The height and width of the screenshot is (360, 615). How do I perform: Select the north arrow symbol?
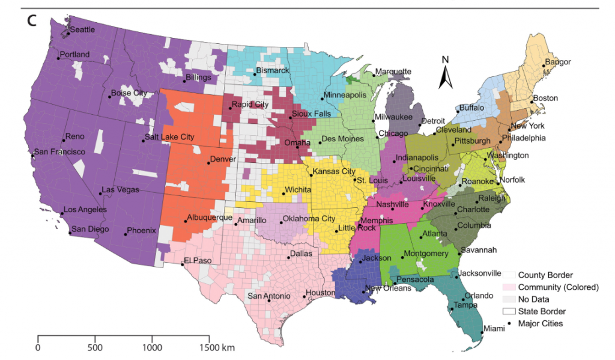pos(445,73)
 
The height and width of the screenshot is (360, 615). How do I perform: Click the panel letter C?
pos(32,20)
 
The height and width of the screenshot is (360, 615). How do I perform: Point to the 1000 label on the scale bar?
pos(152,347)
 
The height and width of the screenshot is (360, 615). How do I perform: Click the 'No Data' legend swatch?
pos(509,299)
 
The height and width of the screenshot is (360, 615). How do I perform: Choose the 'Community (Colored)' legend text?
pos(559,287)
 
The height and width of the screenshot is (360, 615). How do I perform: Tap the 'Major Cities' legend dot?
pos(509,323)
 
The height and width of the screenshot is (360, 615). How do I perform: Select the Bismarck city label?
pos(273,71)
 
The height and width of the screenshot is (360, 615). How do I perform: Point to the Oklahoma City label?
pos(309,218)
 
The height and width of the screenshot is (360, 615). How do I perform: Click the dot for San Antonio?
pos(268,301)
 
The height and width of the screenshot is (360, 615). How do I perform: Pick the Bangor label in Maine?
pos(558,62)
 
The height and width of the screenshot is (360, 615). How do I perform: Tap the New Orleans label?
pos(388,288)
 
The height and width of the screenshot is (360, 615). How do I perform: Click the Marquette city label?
pos(393,72)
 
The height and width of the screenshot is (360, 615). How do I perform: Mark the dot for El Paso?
pos(183,264)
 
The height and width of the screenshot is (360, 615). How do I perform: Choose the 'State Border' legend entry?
pos(542,311)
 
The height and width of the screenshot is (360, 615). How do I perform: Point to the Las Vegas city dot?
pos(100,194)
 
